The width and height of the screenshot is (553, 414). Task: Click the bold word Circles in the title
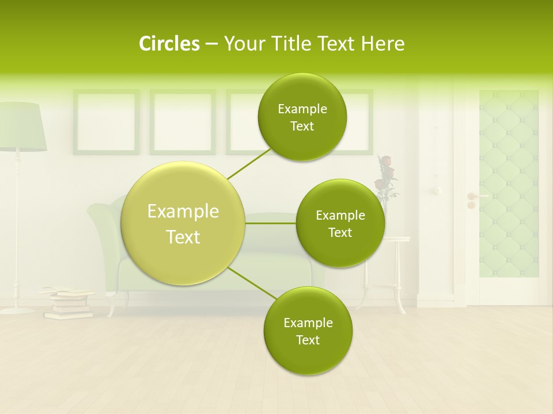(x=169, y=44)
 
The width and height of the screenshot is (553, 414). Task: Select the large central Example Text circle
(x=183, y=224)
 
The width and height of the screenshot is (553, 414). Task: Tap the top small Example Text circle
(x=302, y=117)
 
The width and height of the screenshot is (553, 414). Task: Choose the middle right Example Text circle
(x=340, y=224)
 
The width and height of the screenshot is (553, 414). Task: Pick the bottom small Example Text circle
(x=308, y=331)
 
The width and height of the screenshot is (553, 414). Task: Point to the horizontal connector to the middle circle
(x=271, y=223)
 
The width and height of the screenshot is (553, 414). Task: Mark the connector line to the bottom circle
(x=252, y=283)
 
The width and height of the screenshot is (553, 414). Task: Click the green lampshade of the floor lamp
(x=22, y=126)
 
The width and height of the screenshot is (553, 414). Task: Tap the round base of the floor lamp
(x=17, y=310)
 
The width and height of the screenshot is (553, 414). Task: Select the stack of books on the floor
(x=68, y=303)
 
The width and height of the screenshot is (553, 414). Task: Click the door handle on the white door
(x=474, y=197)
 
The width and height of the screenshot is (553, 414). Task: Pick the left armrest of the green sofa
(x=104, y=230)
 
